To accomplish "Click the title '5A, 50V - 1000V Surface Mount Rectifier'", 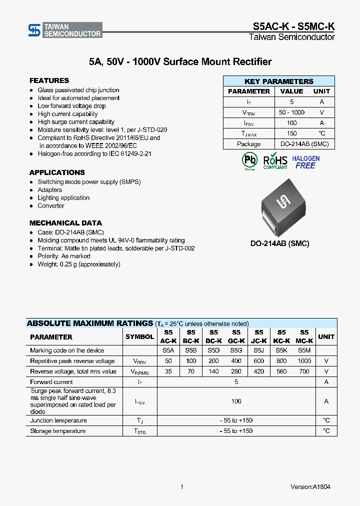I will tap(180, 62).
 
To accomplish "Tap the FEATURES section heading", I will tap(49, 80).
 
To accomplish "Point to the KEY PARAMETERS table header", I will tap(278, 81).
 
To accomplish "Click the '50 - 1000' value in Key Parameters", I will tap(291, 112).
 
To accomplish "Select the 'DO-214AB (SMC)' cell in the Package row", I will tap(304, 144).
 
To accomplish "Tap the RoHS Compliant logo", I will tap(275, 161).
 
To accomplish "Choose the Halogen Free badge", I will tap(305, 162).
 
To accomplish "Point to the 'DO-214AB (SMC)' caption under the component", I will tap(279, 244).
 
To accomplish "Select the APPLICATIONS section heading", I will tap(57, 172).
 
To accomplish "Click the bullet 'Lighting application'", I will tap(63, 198).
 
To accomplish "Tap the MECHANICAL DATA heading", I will tap(65, 223).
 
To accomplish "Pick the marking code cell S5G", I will tap(236, 350).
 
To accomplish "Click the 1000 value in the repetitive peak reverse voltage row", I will tap(304, 361).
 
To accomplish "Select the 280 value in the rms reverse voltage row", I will tap(236, 371).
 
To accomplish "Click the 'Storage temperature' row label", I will tap(57, 431).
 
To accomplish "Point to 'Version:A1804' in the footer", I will tap(310, 487).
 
